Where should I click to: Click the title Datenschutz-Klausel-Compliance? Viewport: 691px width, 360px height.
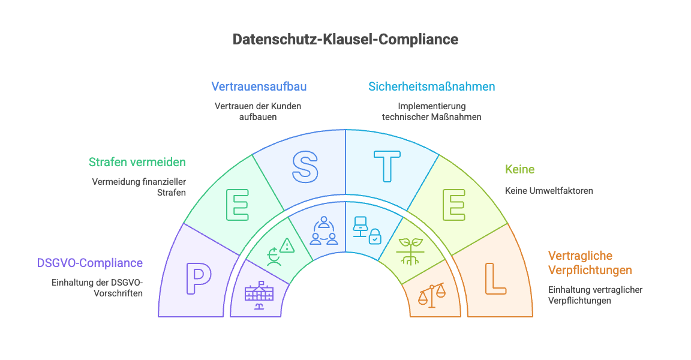345,40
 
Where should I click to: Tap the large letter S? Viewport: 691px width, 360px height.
305,166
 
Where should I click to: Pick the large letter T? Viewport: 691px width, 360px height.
387,166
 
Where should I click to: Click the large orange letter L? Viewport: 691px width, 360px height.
495,278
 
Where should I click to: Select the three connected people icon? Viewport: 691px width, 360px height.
324,230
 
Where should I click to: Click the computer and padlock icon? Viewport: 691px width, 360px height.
367,230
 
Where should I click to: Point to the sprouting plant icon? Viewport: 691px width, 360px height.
410,251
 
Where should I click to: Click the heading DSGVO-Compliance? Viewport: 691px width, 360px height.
90,263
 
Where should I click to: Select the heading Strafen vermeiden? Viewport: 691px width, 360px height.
137,162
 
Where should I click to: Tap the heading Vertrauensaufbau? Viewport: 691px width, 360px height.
259,86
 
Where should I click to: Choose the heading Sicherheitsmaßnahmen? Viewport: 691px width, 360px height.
431,86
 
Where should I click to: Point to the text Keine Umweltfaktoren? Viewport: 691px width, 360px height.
549,191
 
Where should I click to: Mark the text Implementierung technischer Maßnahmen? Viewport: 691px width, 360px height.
431,112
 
